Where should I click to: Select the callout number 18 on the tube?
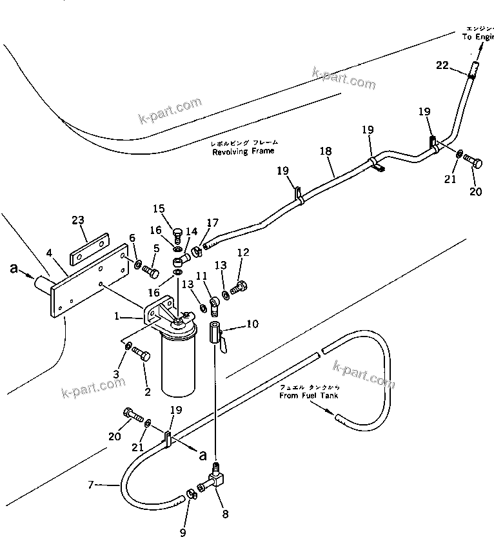326,151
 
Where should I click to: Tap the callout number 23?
78,220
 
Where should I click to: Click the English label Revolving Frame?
244,151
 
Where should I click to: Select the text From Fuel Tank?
308,395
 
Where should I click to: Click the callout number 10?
252,324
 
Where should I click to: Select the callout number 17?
213,224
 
